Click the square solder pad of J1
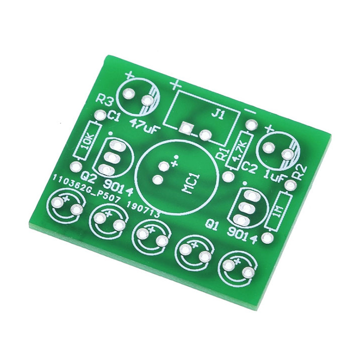tap(185, 127)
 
